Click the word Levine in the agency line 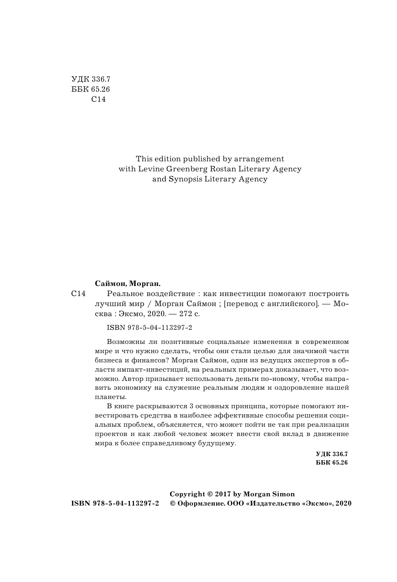(x=148, y=169)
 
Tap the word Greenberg (x=183, y=169)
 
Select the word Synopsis (x=185, y=179)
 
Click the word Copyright (x=187, y=494)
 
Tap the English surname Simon (x=282, y=494)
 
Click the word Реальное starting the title (x=121, y=294)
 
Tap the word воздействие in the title (x=163, y=294)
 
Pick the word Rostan (x=218, y=169)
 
